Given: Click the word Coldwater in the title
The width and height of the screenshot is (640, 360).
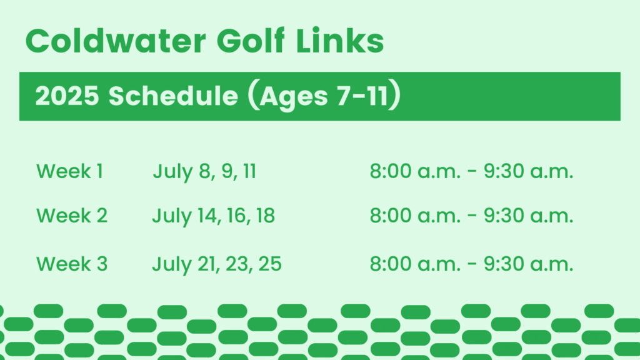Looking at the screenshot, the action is [x=116, y=41].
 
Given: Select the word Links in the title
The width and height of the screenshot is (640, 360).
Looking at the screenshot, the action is [x=339, y=41].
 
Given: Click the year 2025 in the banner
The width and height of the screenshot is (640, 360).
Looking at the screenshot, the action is [x=67, y=96].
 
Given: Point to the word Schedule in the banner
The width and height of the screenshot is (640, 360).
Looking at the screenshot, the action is [x=173, y=96].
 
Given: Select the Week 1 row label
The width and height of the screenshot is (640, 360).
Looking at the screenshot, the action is [x=69, y=171].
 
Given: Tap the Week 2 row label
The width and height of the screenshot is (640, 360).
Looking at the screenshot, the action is [x=72, y=215].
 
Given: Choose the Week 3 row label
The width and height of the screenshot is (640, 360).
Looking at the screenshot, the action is [x=72, y=264].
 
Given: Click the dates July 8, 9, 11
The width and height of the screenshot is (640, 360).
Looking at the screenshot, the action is [x=204, y=171].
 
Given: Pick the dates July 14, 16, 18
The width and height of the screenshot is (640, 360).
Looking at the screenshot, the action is [x=214, y=216].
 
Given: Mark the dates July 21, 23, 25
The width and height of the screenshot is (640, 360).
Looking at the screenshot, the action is [x=217, y=264].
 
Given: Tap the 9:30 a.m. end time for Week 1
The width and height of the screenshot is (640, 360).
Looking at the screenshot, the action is [x=529, y=171].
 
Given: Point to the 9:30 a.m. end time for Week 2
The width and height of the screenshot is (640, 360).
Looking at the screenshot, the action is [x=529, y=215].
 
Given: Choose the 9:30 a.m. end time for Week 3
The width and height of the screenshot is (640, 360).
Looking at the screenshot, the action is [x=529, y=264].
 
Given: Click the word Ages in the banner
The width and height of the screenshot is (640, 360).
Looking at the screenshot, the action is [x=294, y=97].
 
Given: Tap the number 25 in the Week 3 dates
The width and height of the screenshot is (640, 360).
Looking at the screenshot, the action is [x=270, y=264].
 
